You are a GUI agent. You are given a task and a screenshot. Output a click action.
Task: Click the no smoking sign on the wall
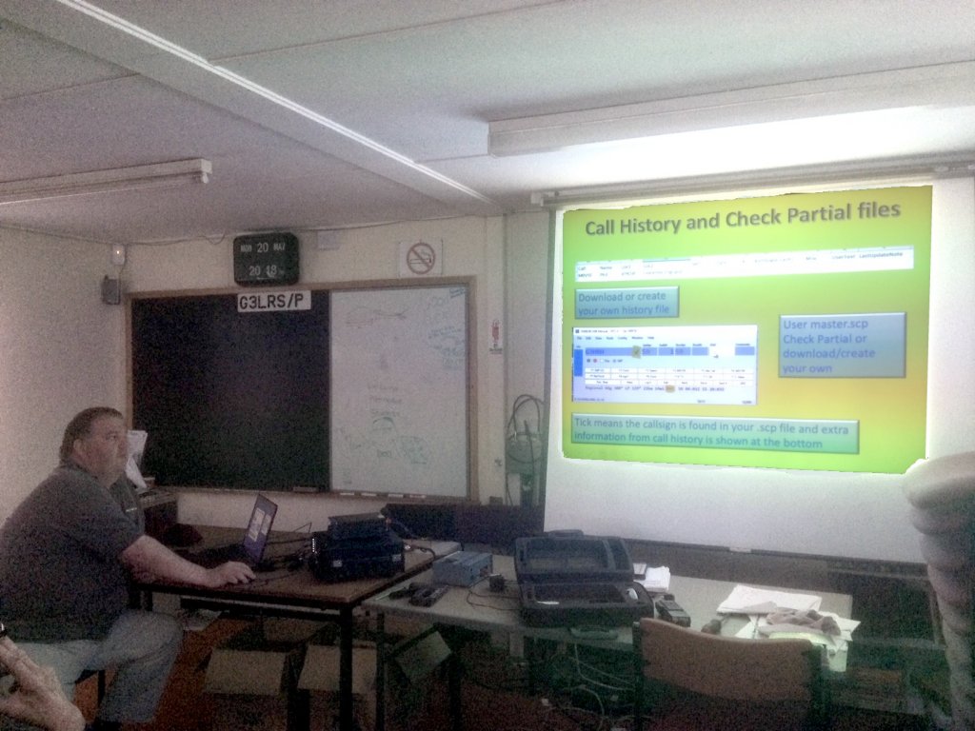(x=420, y=257)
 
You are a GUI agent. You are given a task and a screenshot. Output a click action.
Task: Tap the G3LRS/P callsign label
(x=274, y=302)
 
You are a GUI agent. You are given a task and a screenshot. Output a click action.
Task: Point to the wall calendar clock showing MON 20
(x=266, y=259)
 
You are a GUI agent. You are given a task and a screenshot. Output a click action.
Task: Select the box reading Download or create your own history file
(x=627, y=303)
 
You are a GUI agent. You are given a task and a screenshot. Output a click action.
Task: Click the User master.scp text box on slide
(x=842, y=346)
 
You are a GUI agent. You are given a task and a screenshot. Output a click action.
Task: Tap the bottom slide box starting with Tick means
(x=714, y=434)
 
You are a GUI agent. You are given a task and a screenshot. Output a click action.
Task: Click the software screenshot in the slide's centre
(x=665, y=365)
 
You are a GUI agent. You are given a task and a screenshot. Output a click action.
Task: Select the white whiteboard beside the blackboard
(x=399, y=390)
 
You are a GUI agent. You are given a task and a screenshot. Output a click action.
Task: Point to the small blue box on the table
(x=462, y=568)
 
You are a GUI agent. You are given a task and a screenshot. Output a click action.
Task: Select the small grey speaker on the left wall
(x=111, y=289)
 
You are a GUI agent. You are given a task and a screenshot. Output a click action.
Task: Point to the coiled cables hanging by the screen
(x=525, y=438)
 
